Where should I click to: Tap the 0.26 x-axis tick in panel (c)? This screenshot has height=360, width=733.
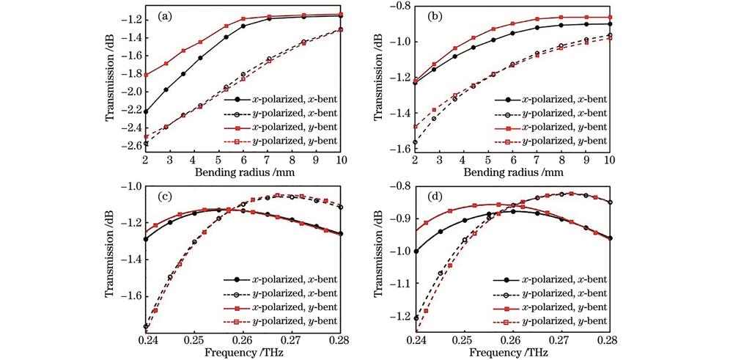pyautogui.click(x=242, y=340)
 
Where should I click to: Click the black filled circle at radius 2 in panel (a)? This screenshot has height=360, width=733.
pyautogui.click(x=146, y=112)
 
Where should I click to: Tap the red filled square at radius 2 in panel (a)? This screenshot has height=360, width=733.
pyautogui.click(x=146, y=75)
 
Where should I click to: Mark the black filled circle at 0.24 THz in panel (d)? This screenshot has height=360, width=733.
pyautogui.click(x=414, y=251)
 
